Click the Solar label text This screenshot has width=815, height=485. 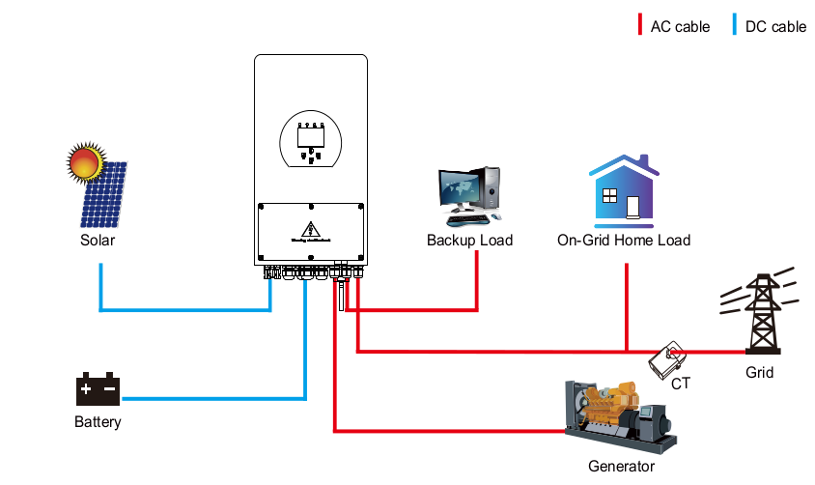point(97,240)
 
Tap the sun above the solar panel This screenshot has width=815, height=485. point(84,161)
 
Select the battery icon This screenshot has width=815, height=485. point(98,389)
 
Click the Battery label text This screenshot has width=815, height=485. point(98,422)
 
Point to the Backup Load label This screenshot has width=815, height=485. point(469,240)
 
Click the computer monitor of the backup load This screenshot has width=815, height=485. point(459,187)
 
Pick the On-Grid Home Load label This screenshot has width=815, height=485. point(624,240)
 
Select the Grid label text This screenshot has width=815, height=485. point(759,372)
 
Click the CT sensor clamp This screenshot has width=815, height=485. point(668,361)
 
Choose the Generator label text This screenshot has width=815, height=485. point(621,467)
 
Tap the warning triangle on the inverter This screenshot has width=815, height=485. point(311,229)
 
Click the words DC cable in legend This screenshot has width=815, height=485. point(775,27)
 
